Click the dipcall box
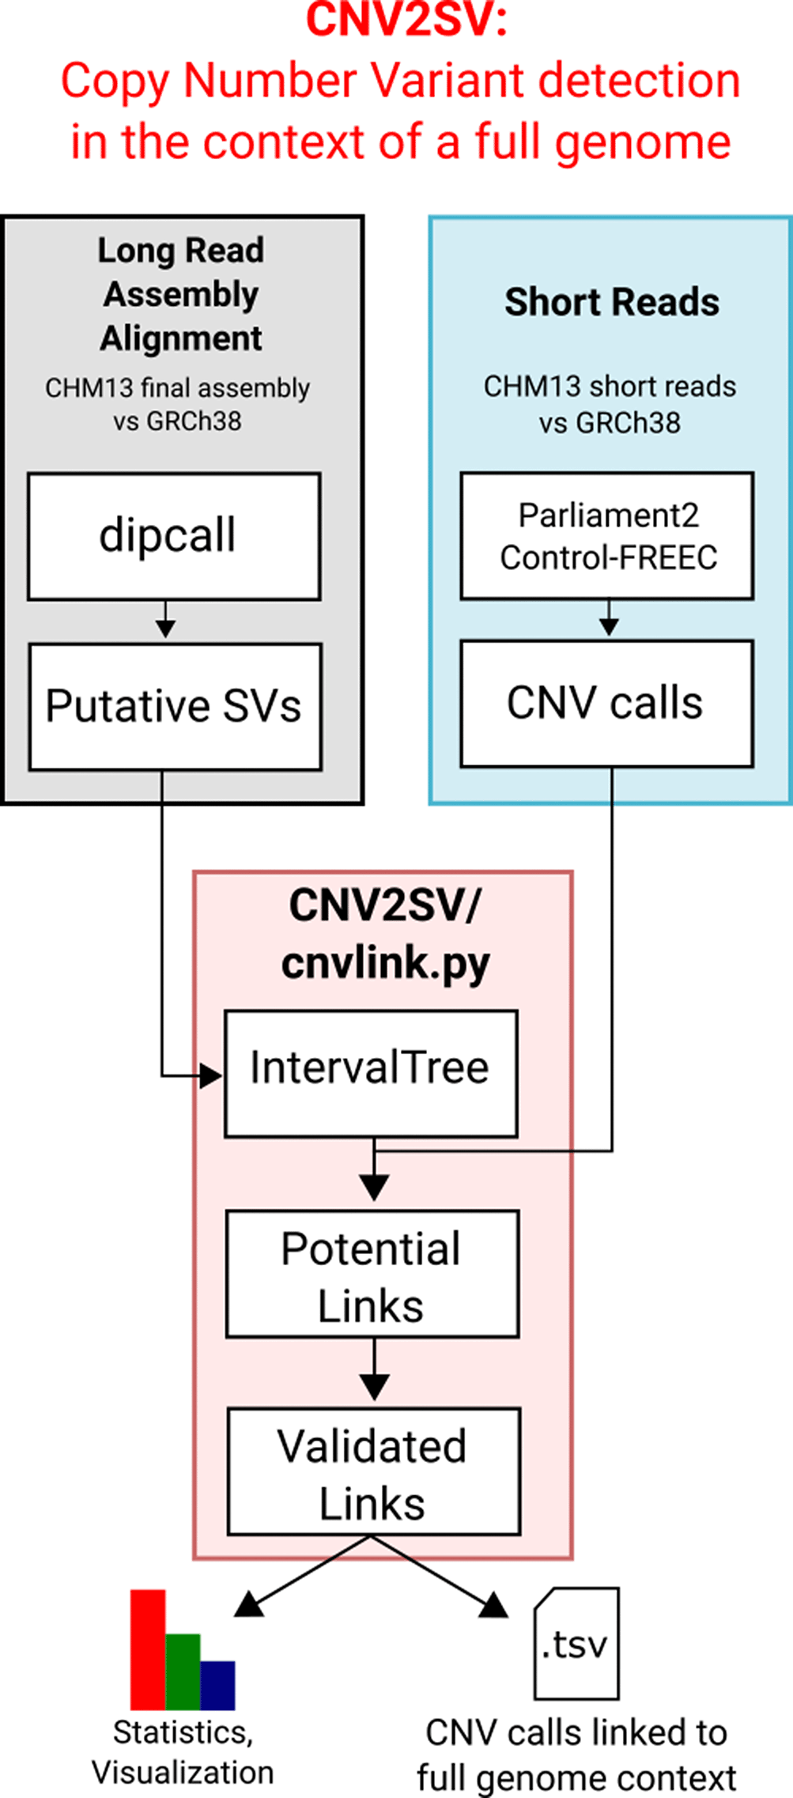point(174,536)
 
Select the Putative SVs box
point(175,706)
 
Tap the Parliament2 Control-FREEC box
point(606,536)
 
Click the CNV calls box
point(606,703)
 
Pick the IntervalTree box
point(371,1073)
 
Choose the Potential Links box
point(372,1274)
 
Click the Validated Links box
point(373,1471)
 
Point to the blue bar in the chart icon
point(217,1685)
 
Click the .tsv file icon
point(576,1643)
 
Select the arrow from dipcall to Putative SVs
point(165,621)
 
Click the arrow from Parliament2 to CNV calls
point(608,619)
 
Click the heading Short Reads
point(611,302)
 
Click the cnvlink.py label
point(385,963)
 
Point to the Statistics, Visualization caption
point(183,1751)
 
